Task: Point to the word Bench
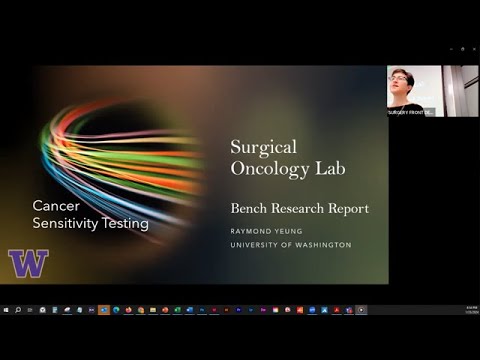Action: (251, 209)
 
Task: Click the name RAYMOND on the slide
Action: (253, 229)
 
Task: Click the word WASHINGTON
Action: (326, 245)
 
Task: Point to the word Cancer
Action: (56, 205)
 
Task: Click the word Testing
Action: (127, 223)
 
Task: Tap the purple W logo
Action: (28, 263)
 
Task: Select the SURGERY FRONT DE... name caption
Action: (410, 112)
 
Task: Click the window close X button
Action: (474, 48)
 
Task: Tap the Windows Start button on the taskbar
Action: (6, 310)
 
